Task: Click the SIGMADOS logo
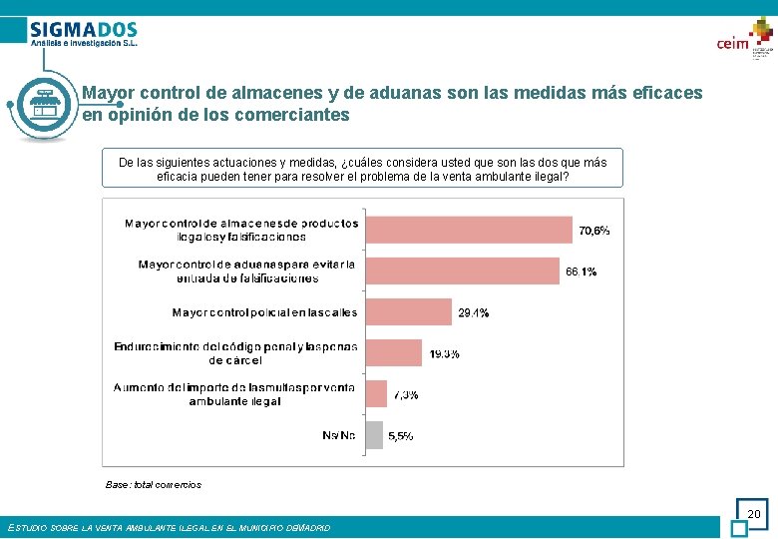point(84,34)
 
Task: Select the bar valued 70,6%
point(468,230)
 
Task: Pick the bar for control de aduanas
point(462,270)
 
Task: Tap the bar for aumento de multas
point(376,393)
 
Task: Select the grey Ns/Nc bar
point(374,435)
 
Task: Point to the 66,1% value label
point(582,271)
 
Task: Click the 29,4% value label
point(473,313)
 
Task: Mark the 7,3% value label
point(405,394)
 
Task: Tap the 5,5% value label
point(401,436)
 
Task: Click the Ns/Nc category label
point(339,435)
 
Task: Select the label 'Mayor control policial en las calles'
point(264,312)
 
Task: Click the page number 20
point(753,514)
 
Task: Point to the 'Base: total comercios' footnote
point(154,485)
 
